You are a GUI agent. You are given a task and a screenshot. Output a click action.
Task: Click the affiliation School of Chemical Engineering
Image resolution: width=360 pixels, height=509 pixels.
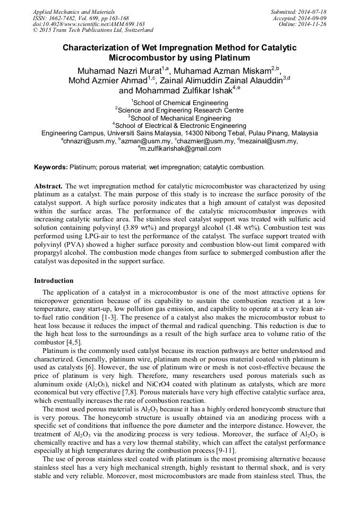(x=181, y=102)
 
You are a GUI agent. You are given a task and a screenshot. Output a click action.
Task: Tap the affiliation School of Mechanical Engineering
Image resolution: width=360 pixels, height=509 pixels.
(x=181, y=118)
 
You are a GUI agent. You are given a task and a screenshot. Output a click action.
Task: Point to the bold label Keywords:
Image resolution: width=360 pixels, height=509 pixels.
(x=51, y=167)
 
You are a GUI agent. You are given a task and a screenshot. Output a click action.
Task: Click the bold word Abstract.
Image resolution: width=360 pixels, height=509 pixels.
(x=48, y=186)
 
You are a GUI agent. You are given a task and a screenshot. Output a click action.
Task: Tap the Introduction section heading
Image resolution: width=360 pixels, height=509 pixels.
(x=54, y=280)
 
